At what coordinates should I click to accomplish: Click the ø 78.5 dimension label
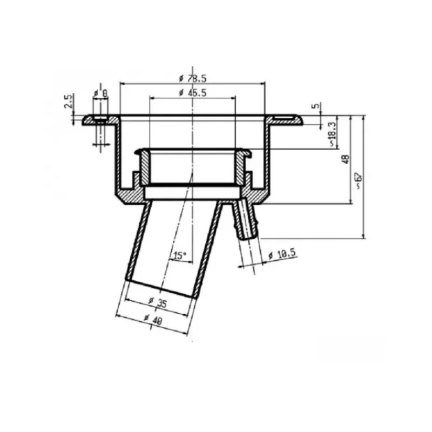coord(193,78)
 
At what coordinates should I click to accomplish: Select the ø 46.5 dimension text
coord(193,93)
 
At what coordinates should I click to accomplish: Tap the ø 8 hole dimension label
coord(100,93)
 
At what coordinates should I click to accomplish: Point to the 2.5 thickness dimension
coord(69,101)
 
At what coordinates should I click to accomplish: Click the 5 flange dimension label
coord(316,105)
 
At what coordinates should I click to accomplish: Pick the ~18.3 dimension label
coord(333,134)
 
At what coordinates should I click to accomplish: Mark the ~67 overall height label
coord(359,181)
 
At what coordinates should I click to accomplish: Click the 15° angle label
coord(180,255)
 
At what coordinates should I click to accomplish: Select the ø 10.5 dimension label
coord(282,254)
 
